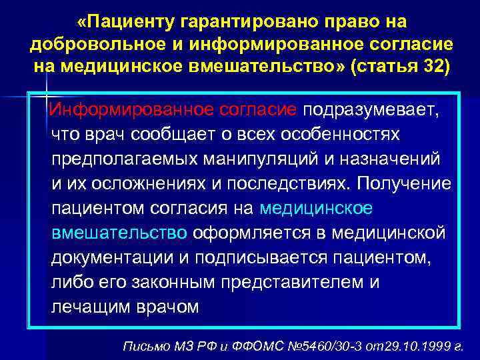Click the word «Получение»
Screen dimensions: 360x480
coord(404,183)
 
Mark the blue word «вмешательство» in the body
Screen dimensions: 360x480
coord(119,233)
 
